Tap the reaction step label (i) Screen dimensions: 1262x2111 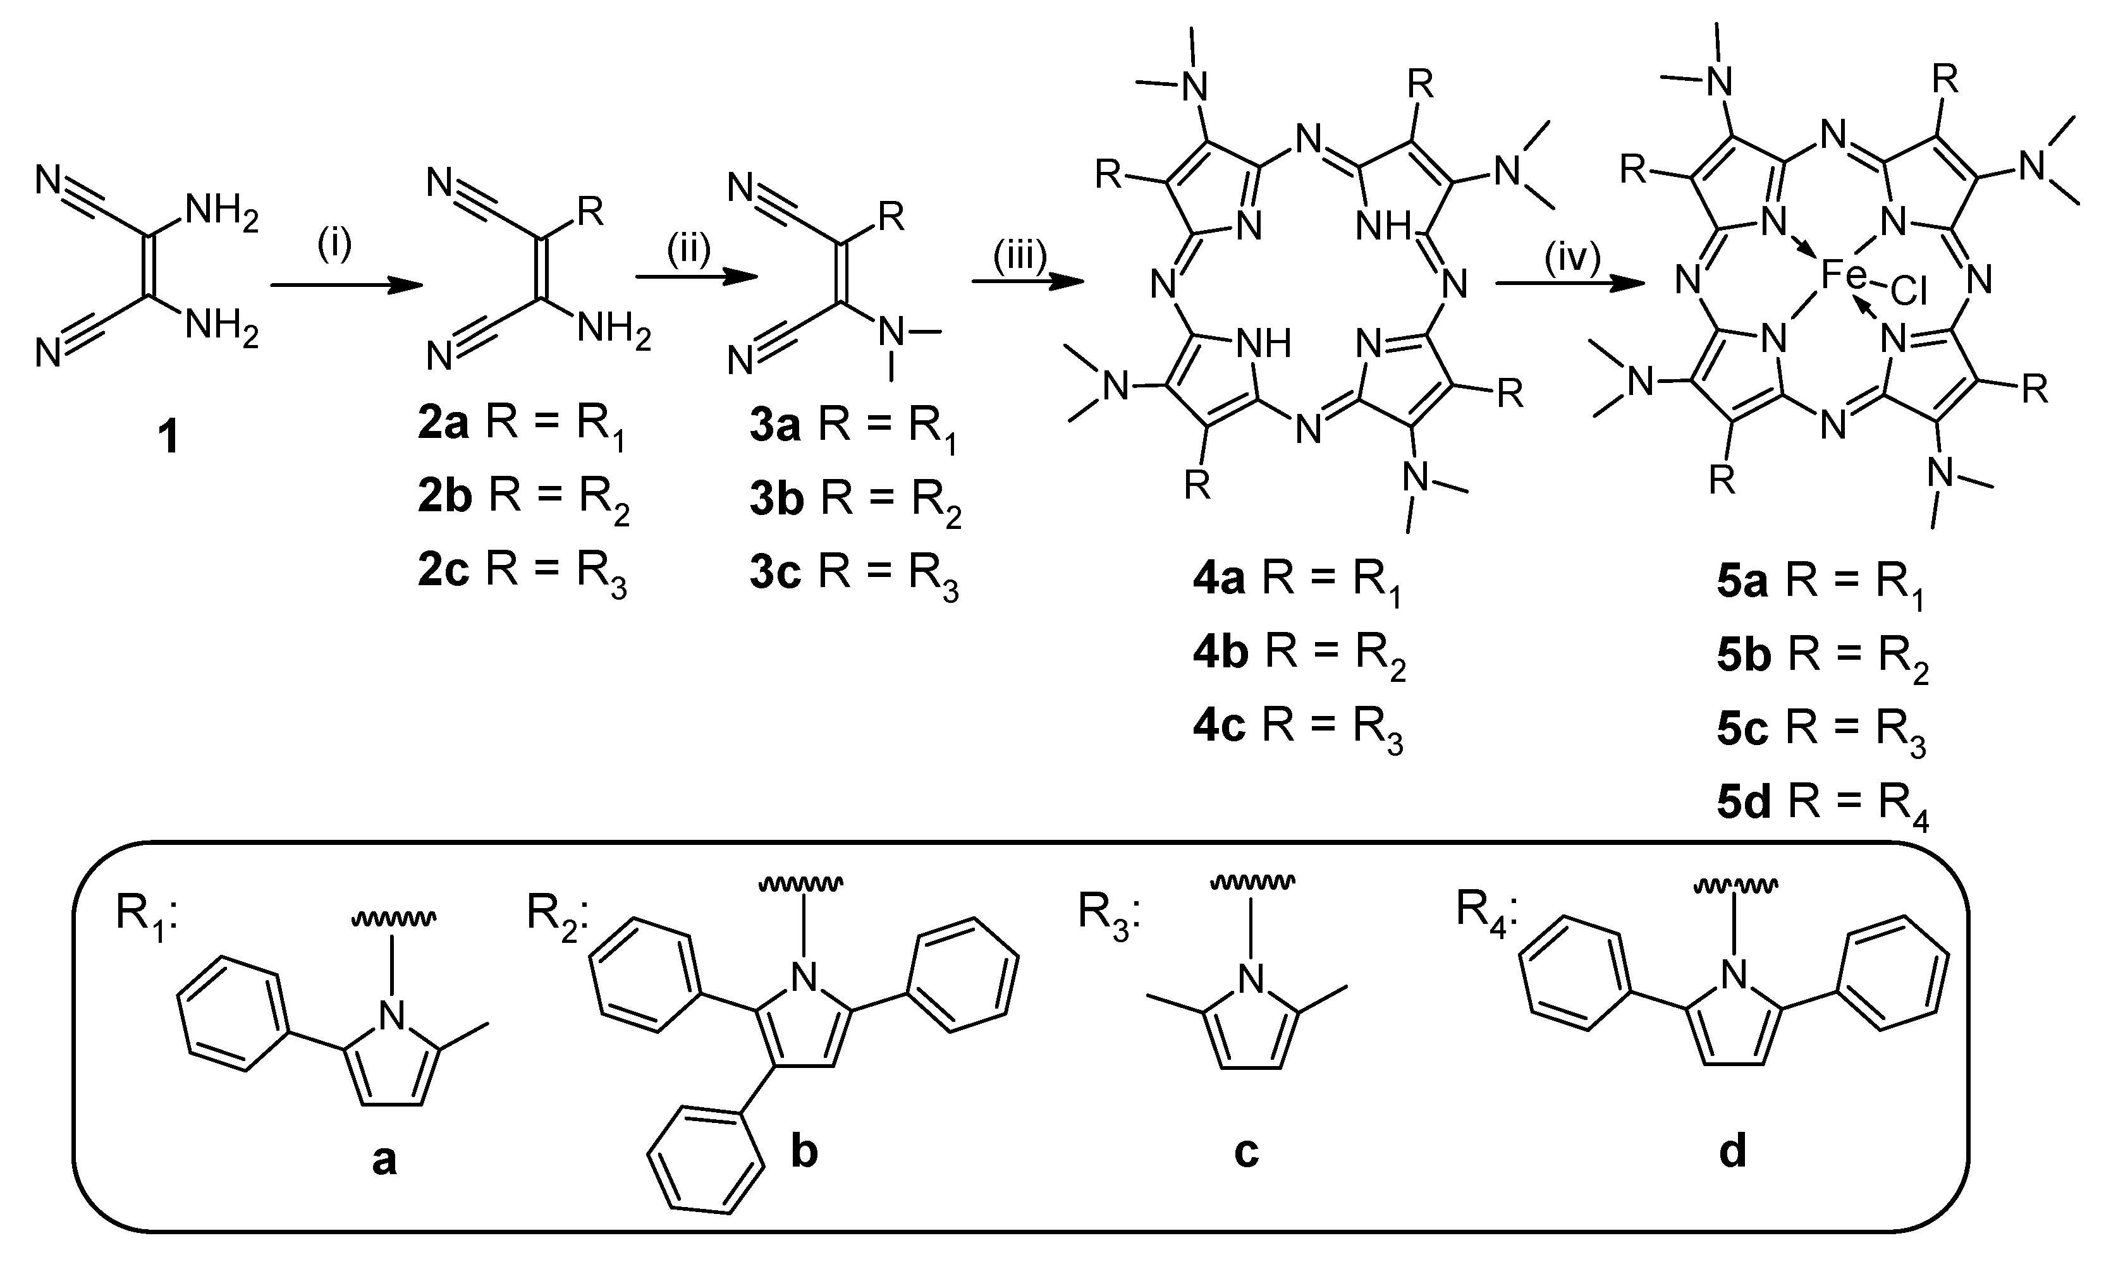(334, 245)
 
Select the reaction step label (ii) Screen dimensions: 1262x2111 (687, 253)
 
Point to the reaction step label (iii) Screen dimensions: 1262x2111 (1020, 256)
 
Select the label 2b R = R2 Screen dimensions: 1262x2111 (523, 499)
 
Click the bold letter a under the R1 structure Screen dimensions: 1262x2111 (384, 1159)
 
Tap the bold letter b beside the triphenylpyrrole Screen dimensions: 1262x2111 (804, 1152)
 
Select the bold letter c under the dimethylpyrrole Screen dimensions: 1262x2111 (1246, 1152)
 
